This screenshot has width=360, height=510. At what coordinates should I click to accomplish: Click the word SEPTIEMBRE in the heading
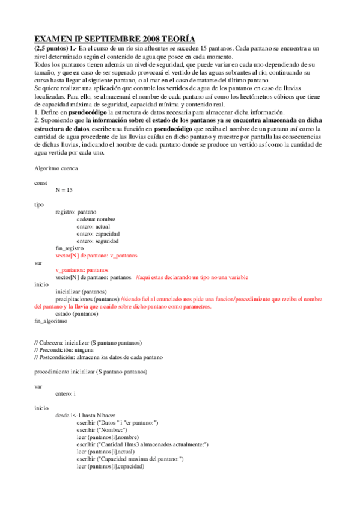(103, 38)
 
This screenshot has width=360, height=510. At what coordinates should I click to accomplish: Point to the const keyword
(40, 182)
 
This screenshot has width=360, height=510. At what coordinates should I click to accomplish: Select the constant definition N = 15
(64, 189)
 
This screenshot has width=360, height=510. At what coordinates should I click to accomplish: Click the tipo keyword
(39, 204)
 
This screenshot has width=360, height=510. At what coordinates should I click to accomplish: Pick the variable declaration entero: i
(66, 393)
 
